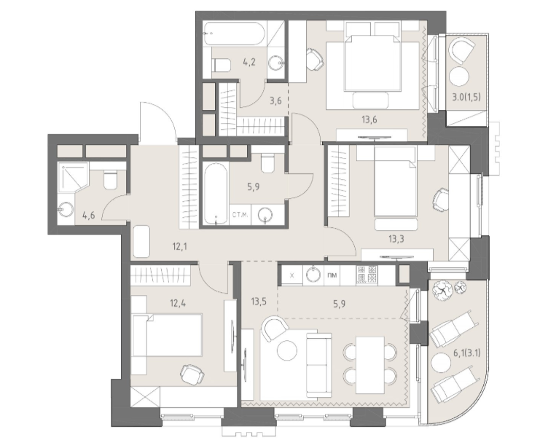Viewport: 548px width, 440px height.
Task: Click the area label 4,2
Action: pos(249,62)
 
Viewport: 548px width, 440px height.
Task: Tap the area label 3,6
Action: pos(275,101)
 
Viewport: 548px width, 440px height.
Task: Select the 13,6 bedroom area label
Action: pos(369,119)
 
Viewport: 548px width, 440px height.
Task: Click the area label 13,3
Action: pos(396,239)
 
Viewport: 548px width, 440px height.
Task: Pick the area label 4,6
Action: pos(88,215)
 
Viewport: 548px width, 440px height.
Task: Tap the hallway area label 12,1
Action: pos(180,247)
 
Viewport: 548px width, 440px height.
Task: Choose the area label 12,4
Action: pos(178,302)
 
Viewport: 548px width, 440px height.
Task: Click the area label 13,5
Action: pos(259,301)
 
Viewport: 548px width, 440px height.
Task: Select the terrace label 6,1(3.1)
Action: pos(466,353)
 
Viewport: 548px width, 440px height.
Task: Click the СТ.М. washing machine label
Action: pos(240,215)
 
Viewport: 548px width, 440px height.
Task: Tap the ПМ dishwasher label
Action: pos(332,275)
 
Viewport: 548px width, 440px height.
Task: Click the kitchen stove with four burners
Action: pos(367,274)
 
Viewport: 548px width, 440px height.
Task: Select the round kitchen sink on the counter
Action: pos(314,275)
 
